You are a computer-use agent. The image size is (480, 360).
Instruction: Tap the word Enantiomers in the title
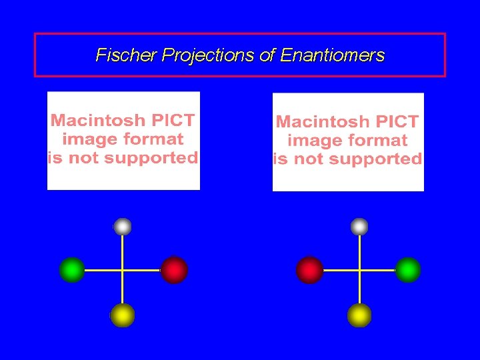point(333,55)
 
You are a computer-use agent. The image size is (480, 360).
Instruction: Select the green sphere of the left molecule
point(71,270)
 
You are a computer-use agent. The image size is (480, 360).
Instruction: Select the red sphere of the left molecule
point(174,270)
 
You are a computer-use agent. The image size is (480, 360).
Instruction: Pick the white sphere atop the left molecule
point(123,227)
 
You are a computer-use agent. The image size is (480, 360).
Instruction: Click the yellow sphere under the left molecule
point(123,315)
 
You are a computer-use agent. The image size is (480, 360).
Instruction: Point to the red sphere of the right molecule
point(309,270)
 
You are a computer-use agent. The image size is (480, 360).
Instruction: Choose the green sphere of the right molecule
point(408,270)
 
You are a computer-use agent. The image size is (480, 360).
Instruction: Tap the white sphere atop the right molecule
point(359,227)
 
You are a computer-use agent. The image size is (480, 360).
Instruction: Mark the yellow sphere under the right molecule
point(359,315)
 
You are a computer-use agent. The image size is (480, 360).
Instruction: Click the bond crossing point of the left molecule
point(123,270)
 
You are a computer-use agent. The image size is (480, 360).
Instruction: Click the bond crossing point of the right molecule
point(359,270)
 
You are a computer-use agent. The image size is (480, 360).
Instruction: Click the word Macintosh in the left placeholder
point(97,121)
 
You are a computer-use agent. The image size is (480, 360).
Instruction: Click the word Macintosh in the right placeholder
point(323,122)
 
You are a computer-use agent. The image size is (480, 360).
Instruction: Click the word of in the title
point(267,55)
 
